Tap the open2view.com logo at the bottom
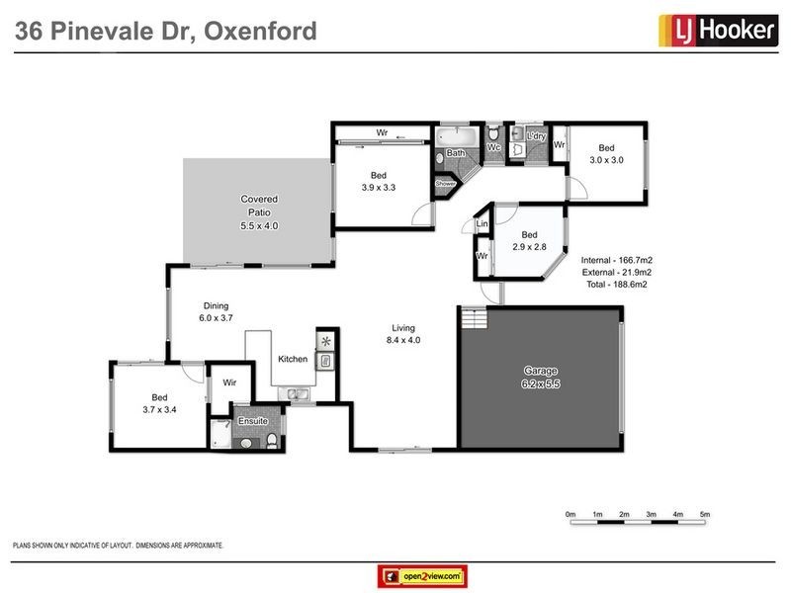click(422, 575)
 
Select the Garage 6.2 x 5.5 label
click(541, 377)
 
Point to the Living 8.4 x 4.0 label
click(402, 334)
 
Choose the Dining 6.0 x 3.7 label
click(216, 311)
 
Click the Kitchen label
click(293, 358)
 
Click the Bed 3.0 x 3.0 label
click(605, 153)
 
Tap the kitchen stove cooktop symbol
click(325, 342)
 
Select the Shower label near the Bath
click(445, 183)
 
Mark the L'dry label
click(536, 135)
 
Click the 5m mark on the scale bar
click(705, 515)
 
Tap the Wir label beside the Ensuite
click(228, 382)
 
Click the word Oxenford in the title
click(260, 31)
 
